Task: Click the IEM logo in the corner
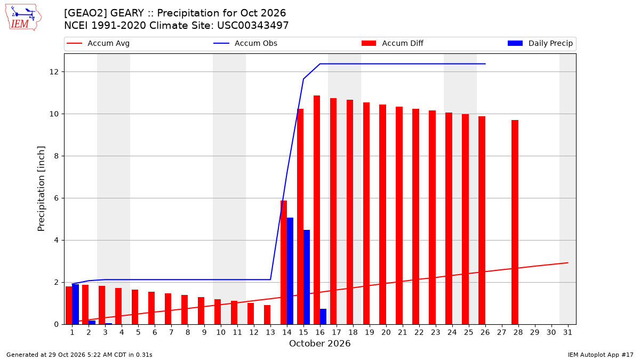(x=23, y=17)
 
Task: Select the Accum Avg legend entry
(x=98, y=43)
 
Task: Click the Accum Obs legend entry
(x=245, y=43)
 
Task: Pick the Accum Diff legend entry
(x=393, y=43)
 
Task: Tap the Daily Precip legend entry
(x=540, y=43)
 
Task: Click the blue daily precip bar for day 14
(x=290, y=271)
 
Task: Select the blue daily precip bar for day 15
(x=307, y=277)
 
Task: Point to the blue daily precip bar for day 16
(x=323, y=317)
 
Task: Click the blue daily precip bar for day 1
(x=75, y=305)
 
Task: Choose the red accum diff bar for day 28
(x=515, y=222)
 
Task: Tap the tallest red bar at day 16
(x=317, y=210)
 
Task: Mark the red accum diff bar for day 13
(x=267, y=315)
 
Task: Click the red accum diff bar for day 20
(x=382, y=214)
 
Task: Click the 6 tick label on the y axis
(x=57, y=198)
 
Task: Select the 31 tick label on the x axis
(x=567, y=333)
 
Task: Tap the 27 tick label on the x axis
(x=502, y=333)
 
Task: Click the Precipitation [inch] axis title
(x=41, y=189)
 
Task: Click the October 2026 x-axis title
(x=319, y=343)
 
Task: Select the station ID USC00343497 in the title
(x=253, y=26)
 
